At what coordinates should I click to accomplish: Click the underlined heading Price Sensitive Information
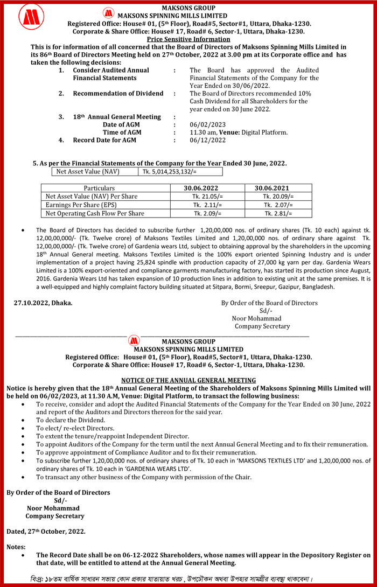tap(188, 39)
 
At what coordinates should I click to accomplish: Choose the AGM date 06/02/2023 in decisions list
tap(207, 124)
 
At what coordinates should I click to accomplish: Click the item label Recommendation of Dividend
tap(118, 94)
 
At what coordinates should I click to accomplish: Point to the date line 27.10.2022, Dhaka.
tap(43, 303)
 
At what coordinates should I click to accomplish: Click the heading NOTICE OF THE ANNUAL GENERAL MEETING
tap(188, 380)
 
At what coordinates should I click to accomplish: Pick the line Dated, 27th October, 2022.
tap(46, 532)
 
